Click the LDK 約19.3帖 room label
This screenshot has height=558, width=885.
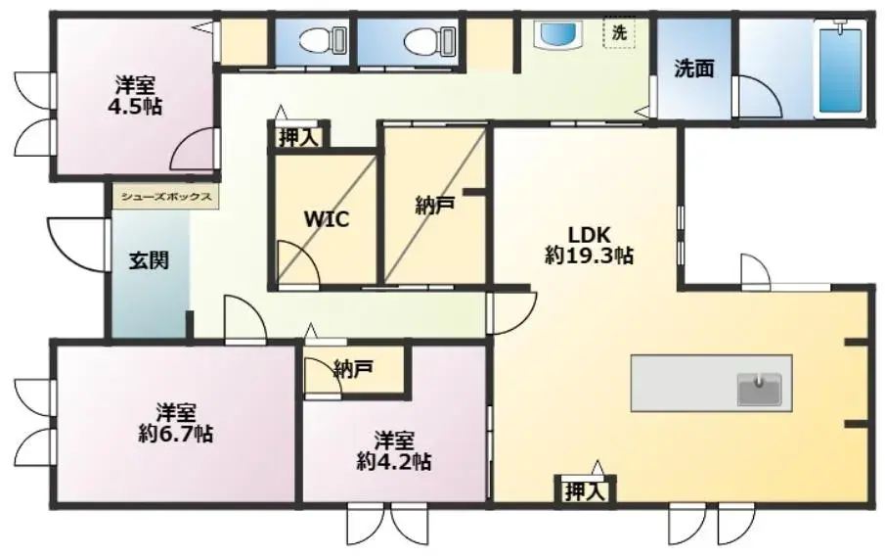coord(589,245)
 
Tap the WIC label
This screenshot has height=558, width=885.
coord(327,219)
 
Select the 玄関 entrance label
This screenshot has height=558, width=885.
coord(149,260)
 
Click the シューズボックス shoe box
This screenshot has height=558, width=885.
coord(166,197)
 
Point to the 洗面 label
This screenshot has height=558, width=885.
coord(694,69)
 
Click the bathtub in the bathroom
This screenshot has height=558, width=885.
coord(840,69)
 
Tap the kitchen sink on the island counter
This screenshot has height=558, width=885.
coord(760,390)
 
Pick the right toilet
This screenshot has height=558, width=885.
coord(430,41)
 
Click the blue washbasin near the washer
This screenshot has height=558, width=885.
coord(558,35)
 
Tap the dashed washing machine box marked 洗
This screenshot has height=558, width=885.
coord(620,32)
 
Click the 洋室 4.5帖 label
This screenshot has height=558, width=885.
coord(135,96)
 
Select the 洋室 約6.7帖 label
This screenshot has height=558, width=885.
coord(175,423)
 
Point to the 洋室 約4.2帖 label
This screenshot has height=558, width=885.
coord(394,451)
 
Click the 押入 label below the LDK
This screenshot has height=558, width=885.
coord(586,491)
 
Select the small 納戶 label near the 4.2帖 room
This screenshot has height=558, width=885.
coord(353,369)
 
